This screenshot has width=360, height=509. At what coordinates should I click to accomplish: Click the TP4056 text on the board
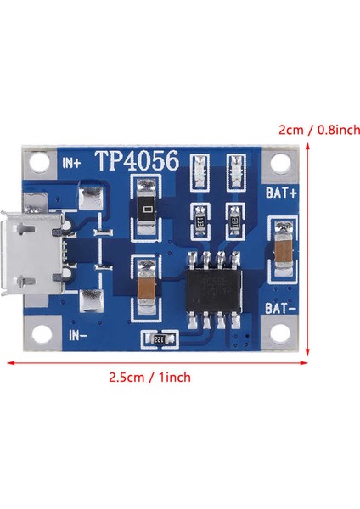tap(136, 161)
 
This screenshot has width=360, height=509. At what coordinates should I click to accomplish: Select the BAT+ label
tap(280, 193)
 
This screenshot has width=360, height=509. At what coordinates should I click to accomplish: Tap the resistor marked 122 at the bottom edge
tap(159, 339)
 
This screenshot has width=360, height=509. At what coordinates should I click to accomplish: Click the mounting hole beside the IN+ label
tap(38, 161)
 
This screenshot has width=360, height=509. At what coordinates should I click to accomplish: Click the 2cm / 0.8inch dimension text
tap(319, 131)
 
